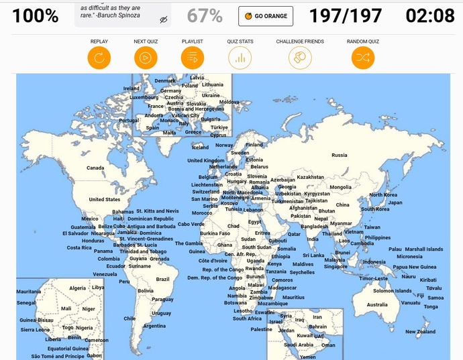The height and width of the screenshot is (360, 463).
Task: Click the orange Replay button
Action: click(x=99, y=58)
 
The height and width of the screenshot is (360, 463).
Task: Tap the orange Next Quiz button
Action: click(x=145, y=58)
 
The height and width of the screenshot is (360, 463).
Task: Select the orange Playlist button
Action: click(x=192, y=58)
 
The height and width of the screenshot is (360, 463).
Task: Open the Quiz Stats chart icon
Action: click(x=240, y=58)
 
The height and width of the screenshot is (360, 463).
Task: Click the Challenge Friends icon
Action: click(x=300, y=58)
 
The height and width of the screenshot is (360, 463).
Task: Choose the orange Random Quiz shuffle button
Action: click(x=363, y=58)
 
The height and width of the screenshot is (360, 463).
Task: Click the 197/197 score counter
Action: click(x=346, y=16)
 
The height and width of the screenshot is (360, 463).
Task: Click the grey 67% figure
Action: click(x=205, y=16)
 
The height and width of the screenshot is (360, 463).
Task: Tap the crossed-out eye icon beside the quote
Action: click(x=164, y=20)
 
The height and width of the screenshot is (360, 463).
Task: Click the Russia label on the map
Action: click(x=340, y=156)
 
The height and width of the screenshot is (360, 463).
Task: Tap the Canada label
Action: click(x=95, y=168)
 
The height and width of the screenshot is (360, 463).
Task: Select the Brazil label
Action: click(x=162, y=279)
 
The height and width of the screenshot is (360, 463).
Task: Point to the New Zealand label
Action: click(x=420, y=332)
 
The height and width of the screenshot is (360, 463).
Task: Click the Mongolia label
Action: click(x=340, y=187)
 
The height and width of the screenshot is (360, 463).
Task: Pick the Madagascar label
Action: click(x=282, y=288)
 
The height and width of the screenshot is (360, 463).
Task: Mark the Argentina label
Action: click(x=154, y=326)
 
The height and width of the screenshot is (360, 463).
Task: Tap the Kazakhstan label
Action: click(x=310, y=178)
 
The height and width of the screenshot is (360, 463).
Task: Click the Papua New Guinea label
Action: click(x=414, y=267)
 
